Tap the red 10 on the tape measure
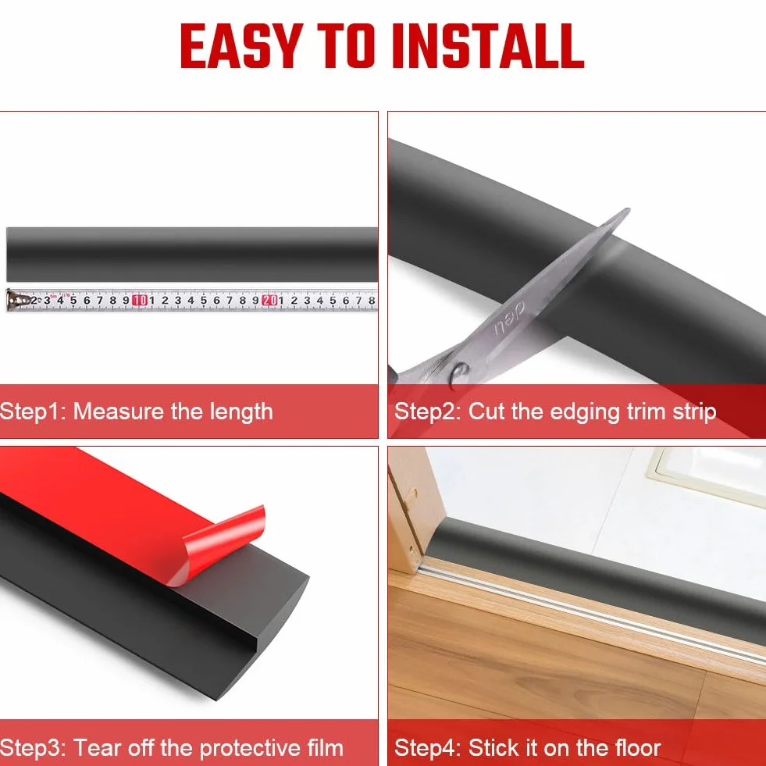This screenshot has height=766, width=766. pyautogui.click(x=140, y=301)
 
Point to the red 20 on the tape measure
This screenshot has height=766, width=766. pyautogui.click(x=269, y=301)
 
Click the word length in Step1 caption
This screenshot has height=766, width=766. pyautogui.click(x=241, y=412)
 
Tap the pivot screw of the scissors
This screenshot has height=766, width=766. pyautogui.click(x=460, y=375)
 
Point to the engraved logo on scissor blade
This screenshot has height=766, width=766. pyautogui.click(x=509, y=318)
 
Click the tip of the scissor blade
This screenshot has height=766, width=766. pyautogui.click(x=628, y=210)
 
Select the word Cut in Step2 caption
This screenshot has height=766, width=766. pyautogui.click(x=486, y=412)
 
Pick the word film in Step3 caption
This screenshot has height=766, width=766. pyautogui.click(x=326, y=748)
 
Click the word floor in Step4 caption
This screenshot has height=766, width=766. pyautogui.click(x=637, y=748)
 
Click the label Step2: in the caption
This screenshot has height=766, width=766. pyautogui.click(x=427, y=412)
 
